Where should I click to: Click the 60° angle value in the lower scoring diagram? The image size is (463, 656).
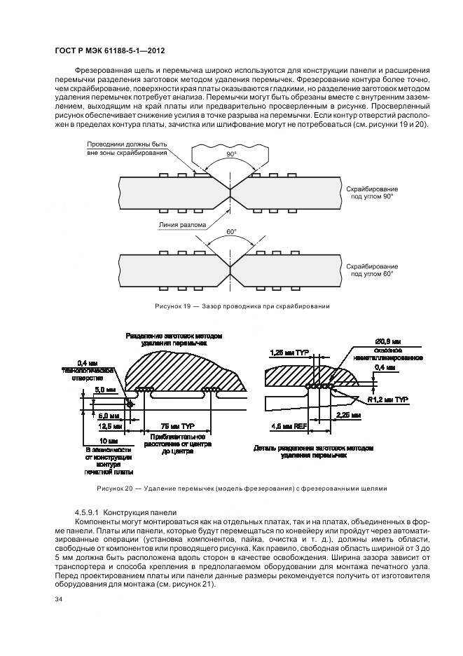(230, 231)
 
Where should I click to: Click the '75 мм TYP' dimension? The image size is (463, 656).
(178, 426)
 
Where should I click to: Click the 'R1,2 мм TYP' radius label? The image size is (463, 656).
(389, 398)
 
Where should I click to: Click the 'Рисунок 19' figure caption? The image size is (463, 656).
(242, 306)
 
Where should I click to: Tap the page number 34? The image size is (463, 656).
(58, 599)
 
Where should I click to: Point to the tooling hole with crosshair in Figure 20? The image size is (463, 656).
(130, 404)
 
